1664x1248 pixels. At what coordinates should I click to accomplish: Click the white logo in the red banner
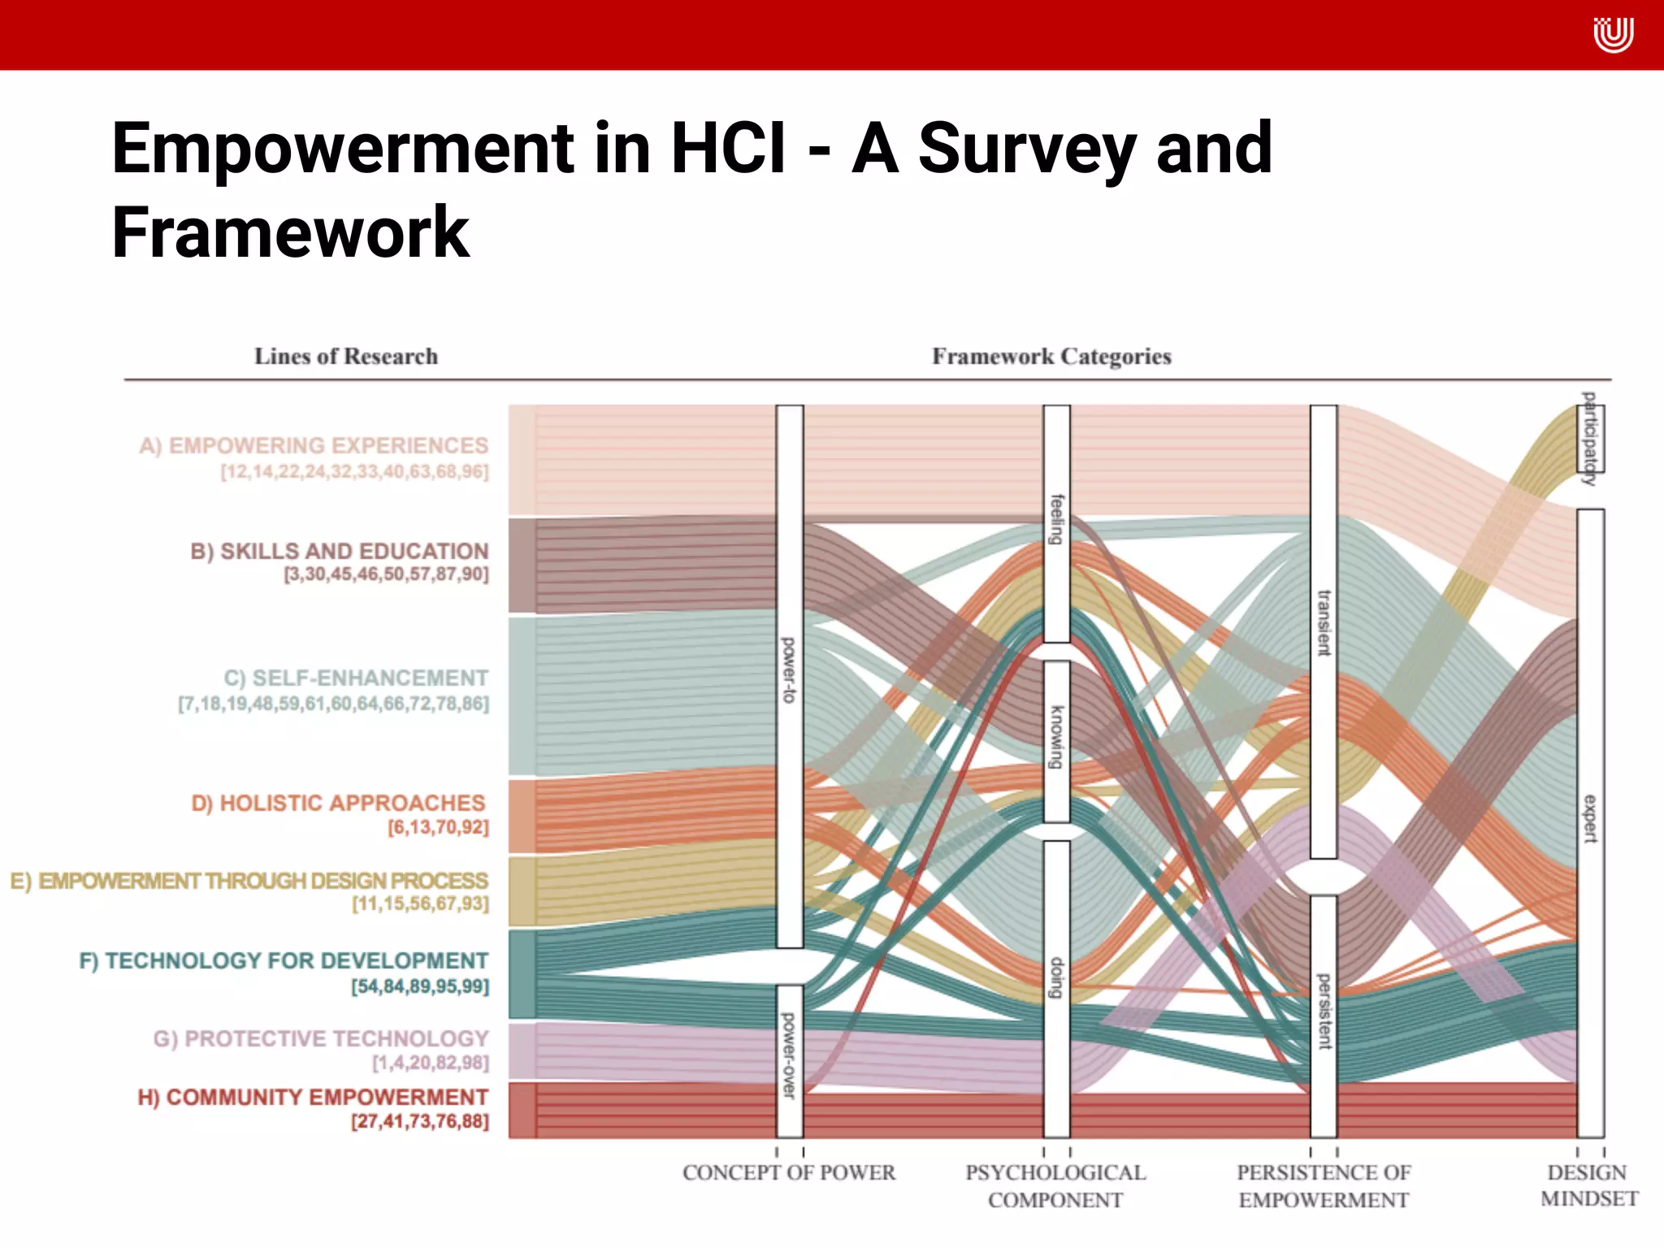coord(1612,35)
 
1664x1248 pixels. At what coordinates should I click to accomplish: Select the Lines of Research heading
coord(346,357)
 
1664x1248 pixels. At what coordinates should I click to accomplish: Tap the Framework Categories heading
coord(1051,357)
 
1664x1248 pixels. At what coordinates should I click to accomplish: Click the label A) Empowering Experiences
coord(314,446)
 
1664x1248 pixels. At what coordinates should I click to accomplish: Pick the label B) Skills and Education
coord(339,551)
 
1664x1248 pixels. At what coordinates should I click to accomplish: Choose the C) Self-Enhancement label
coord(356,678)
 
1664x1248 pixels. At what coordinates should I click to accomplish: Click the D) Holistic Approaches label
coord(338,803)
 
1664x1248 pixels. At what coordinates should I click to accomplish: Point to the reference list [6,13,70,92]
coord(438,828)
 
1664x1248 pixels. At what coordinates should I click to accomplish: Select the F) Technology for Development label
coord(284,960)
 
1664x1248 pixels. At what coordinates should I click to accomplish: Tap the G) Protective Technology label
coord(320,1038)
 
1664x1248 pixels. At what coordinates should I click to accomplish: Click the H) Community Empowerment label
coord(313,1097)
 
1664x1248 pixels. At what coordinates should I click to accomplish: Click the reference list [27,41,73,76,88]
coord(420,1122)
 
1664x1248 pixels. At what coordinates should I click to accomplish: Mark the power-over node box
coord(789,1060)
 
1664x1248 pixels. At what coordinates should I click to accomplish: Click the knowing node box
coord(1056,741)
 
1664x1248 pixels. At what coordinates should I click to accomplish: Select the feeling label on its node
coord(1056,520)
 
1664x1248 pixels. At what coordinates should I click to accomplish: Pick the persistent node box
coord(1324,1016)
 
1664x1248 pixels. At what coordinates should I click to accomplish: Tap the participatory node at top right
coord(1590,439)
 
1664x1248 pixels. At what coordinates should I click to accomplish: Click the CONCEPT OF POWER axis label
coord(789,1172)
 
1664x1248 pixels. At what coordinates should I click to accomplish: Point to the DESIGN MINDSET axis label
coord(1588,1185)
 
